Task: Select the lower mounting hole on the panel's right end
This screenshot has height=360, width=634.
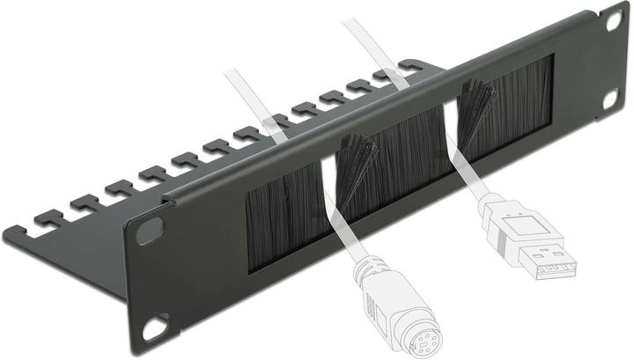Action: coord(609,100)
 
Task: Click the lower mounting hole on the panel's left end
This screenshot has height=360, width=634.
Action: coord(156,327)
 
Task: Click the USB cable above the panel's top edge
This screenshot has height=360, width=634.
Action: coord(370,44)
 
